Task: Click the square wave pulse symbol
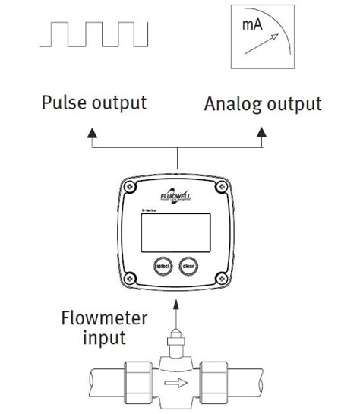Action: click(97, 35)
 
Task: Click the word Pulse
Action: click(64, 103)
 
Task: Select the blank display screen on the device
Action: click(177, 233)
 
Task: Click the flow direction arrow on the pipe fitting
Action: click(177, 384)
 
